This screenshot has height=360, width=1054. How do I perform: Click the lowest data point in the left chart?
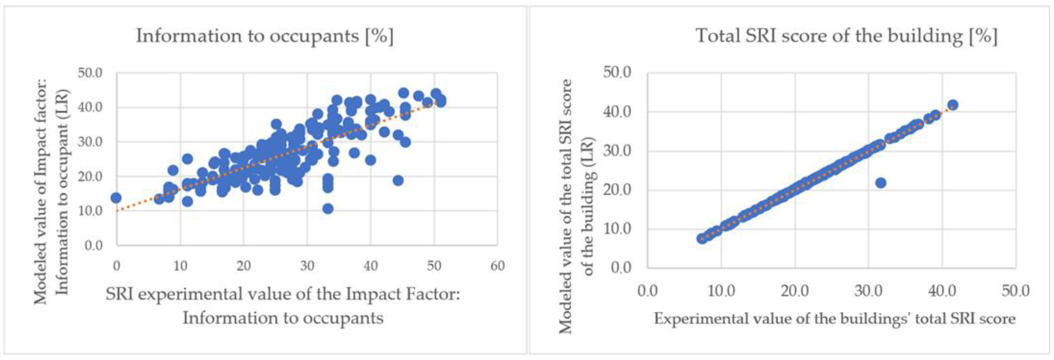point(328,209)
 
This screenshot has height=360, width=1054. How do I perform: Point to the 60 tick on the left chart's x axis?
point(497,266)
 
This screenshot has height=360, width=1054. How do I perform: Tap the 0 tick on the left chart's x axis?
point(117,266)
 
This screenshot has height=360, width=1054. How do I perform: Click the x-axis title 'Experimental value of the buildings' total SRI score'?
point(835,319)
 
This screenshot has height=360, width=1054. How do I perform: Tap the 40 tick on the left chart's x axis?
point(370,266)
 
